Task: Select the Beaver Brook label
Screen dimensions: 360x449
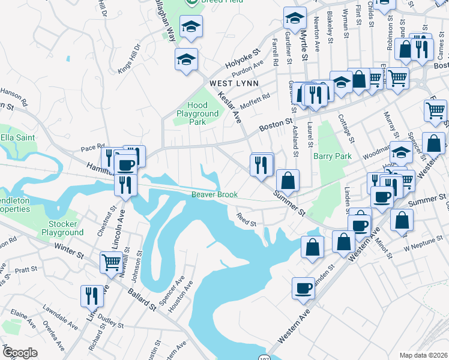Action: (x=215, y=194)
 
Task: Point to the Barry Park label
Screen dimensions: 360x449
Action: (x=332, y=156)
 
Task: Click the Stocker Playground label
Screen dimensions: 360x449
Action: (x=62, y=228)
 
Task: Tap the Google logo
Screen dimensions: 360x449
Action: (x=19, y=353)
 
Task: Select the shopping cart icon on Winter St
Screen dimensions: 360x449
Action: (x=111, y=262)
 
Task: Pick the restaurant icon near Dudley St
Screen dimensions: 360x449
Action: (x=91, y=295)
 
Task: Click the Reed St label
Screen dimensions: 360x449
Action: (x=246, y=220)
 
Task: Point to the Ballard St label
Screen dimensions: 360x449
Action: (x=142, y=299)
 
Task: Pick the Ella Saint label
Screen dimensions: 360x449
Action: (x=17, y=137)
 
